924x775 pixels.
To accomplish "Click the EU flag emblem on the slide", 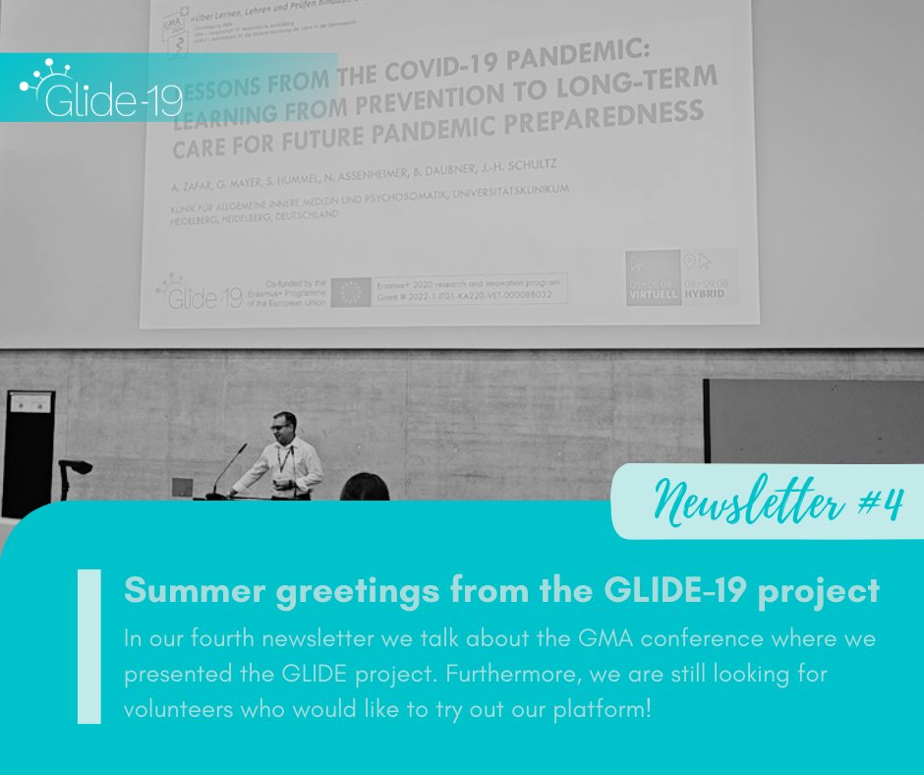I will [x=349, y=291].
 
